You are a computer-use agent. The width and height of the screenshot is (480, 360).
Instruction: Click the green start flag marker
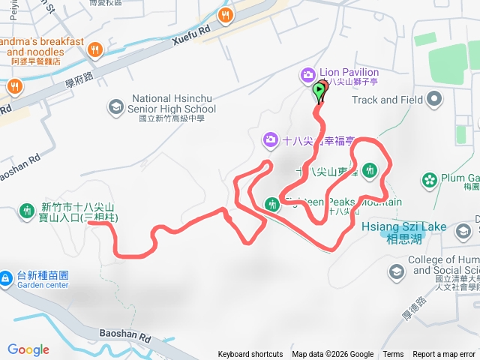click(319, 91)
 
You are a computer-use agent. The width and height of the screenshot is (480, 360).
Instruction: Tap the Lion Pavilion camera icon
click(307, 74)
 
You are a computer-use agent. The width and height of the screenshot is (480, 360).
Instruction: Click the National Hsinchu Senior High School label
click(173, 103)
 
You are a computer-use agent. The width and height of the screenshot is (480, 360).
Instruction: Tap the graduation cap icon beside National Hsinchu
click(116, 108)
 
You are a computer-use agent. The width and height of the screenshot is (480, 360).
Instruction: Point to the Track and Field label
click(385, 100)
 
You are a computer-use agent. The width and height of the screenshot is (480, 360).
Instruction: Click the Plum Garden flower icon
click(429, 180)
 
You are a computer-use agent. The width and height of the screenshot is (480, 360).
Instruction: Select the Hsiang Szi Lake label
click(403, 226)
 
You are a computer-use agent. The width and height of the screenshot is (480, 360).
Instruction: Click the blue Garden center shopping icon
click(5, 279)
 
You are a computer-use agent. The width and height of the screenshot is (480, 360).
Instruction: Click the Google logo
click(28, 349)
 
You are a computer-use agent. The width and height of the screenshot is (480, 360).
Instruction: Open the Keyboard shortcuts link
click(250, 355)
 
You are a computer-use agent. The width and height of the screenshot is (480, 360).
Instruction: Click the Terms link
click(393, 355)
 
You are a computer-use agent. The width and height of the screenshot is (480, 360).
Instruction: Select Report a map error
click(445, 355)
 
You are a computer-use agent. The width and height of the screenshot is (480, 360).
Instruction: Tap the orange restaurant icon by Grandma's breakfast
click(94, 49)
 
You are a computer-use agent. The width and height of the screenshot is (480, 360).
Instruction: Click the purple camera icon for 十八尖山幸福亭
click(270, 139)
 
